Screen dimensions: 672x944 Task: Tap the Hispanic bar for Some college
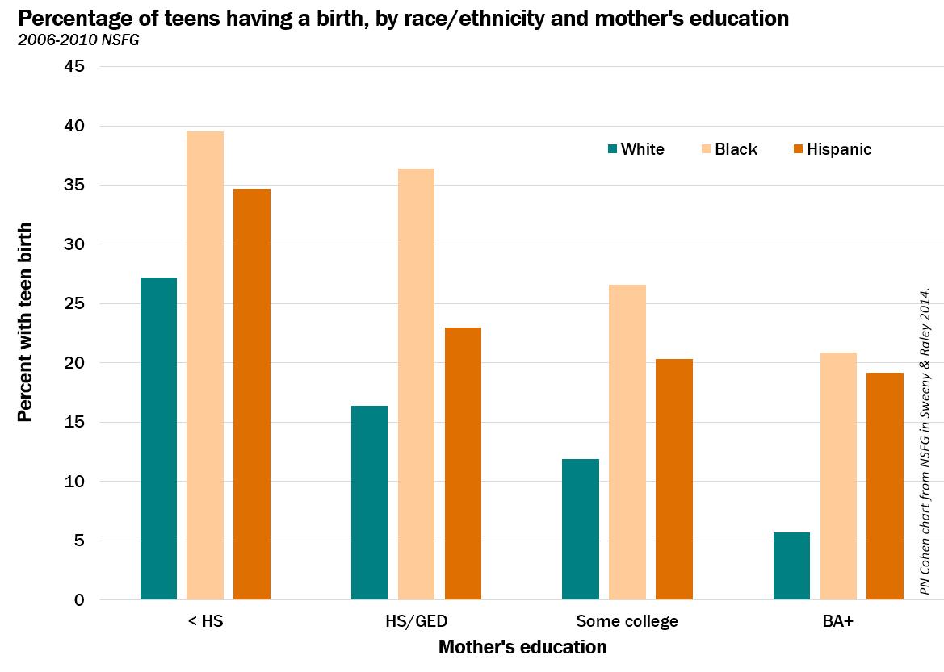point(673,479)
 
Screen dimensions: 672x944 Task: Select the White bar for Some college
point(581,529)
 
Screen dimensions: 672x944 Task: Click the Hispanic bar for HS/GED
point(463,463)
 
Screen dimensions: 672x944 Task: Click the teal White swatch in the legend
point(612,149)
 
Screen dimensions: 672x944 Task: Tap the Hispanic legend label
point(839,149)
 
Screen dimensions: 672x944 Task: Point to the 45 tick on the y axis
point(74,66)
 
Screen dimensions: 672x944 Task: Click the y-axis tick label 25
point(74,303)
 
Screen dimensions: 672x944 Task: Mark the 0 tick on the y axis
point(79,600)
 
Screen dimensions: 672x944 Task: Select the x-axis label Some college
point(627,621)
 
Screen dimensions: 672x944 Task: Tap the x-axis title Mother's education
point(522,647)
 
